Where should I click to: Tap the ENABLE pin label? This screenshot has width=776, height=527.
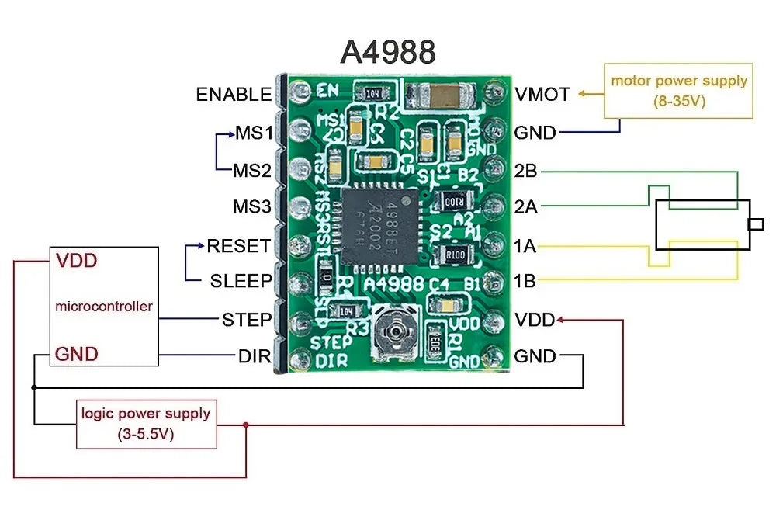tap(234, 95)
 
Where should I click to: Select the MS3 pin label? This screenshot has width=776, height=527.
tap(252, 207)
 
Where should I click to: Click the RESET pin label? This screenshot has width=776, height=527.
tap(238, 246)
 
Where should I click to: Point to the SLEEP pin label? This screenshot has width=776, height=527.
tap(241, 281)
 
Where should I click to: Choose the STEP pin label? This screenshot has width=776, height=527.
tap(246, 319)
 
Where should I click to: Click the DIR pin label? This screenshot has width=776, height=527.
tap(255, 356)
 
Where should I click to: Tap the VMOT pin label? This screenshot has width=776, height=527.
tap(542, 95)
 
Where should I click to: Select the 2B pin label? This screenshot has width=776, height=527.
tap(525, 171)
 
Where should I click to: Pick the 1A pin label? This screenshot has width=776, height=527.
tap(525, 246)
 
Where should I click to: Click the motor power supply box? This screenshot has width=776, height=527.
tap(678, 91)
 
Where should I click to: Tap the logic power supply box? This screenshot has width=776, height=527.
tap(146, 424)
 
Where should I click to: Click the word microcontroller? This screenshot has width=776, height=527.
tap(103, 307)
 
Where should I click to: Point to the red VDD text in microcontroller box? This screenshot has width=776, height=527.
tap(77, 261)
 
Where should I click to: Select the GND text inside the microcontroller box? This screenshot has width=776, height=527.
tap(76, 354)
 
